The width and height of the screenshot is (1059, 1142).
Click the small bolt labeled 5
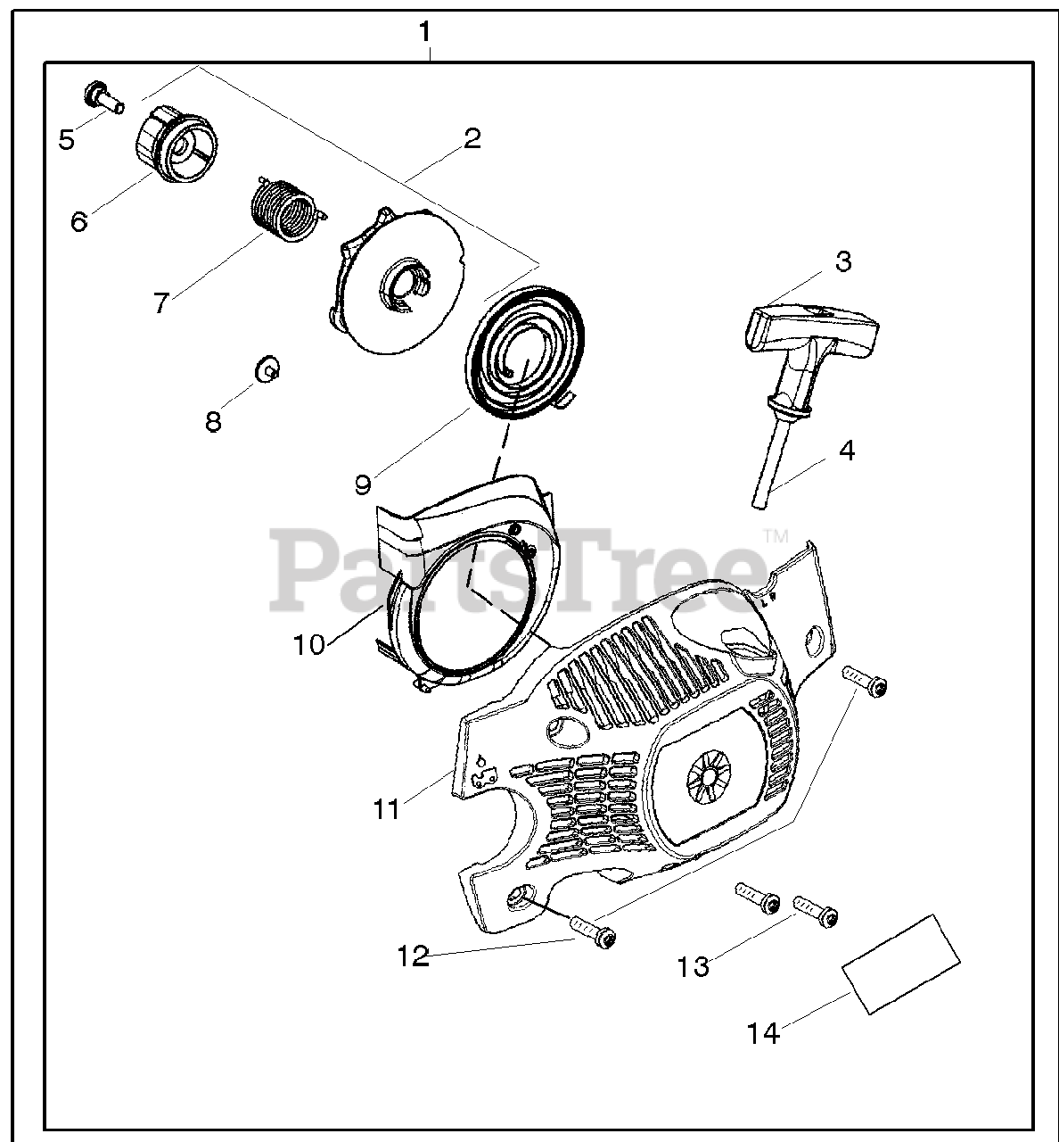pyautogui.click(x=103, y=96)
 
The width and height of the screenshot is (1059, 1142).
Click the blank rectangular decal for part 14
pyautogui.click(x=901, y=963)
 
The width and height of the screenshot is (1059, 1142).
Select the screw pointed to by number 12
pyautogui.click(x=593, y=934)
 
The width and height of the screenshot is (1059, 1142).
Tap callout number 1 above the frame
pyautogui.click(x=425, y=32)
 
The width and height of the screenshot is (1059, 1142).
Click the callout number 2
pyautogui.click(x=472, y=137)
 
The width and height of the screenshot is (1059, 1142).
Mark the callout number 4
pyautogui.click(x=846, y=451)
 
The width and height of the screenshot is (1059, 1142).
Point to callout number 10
pyautogui.click(x=309, y=644)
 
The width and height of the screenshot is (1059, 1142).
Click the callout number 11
pyautogui.click(x=386, y=809)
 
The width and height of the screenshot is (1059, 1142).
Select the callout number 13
pyautogui.click(x=693, y=965)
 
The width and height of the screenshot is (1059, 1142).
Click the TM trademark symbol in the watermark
pyautogui.click(x=775, y=537)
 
